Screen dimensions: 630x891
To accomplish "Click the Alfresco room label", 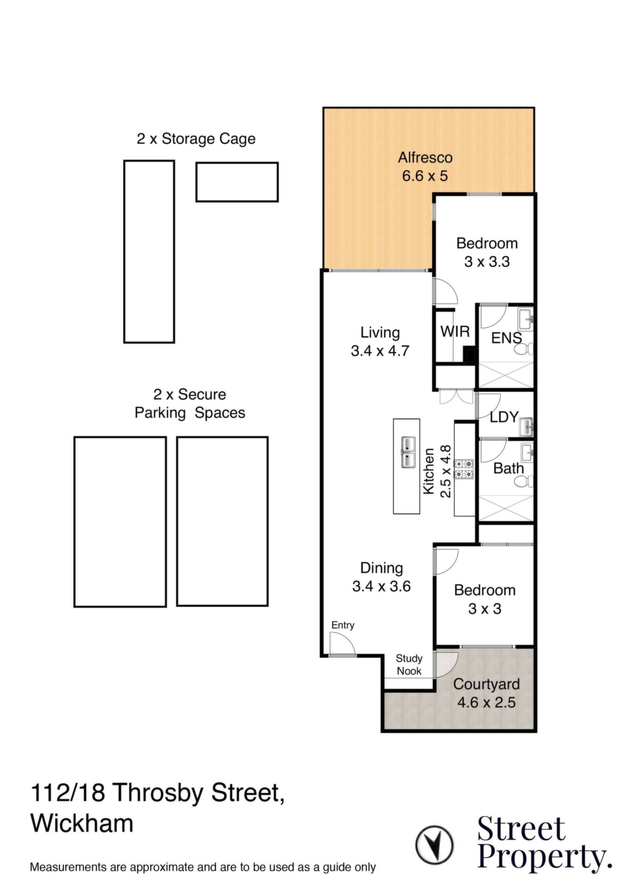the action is [x=425, y=158].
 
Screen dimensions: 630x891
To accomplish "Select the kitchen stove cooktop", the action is [x=464, y=469].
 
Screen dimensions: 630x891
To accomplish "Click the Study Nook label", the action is [x=409, y=665].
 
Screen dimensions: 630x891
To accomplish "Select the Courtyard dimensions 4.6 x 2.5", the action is [x=486, y=703].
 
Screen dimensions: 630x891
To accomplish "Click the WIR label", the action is [x=455, y=331].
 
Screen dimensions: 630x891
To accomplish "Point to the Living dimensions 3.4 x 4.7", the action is [x=380, y=351].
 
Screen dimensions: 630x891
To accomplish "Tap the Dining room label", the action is [x=381, y=568].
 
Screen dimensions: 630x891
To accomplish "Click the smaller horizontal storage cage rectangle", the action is [x=237, y=182].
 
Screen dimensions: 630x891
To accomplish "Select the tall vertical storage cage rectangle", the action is [x=149, y=252].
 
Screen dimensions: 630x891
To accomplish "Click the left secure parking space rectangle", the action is [x=120, y=522].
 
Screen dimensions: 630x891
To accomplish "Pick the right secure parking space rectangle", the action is [x=222, y=521].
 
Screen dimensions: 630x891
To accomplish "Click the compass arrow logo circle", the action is [x=434, y=844].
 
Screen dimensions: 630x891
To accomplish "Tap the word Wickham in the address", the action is [x=82, y=823].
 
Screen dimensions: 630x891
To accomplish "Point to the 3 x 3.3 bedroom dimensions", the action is [x=487, y=262].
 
